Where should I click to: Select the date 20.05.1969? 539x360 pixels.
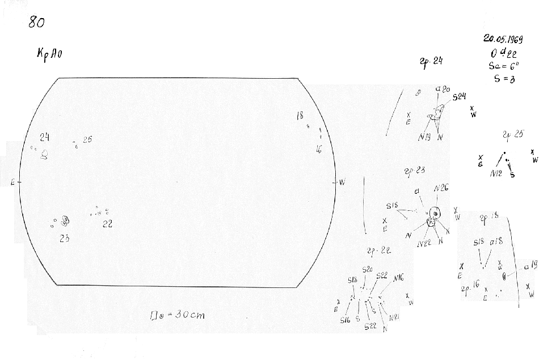503,39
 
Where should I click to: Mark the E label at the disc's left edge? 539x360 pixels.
12,182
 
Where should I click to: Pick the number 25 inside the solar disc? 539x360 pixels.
87,139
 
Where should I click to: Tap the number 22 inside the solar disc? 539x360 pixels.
107,224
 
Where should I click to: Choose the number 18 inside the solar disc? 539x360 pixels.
300,116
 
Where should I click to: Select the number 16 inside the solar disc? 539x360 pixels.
319,149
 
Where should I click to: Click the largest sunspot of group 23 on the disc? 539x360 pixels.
65,219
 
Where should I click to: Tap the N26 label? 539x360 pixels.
441,188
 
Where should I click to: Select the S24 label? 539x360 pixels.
459,98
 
